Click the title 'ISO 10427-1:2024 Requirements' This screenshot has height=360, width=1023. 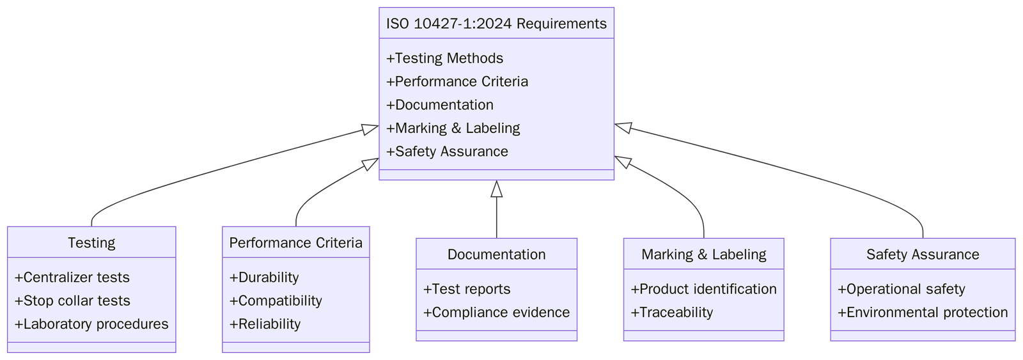point(496,24)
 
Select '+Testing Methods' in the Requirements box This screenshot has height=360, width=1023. point(444,58)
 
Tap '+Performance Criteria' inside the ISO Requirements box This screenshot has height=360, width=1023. point(457,82)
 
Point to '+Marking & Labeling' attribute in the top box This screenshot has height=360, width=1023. point(453,128)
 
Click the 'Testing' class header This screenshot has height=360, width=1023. point(91,243)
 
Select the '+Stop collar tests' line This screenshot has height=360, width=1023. point(72,301)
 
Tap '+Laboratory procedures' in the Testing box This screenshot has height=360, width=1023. point(91,324)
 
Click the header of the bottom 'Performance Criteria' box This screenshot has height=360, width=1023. point(295,243)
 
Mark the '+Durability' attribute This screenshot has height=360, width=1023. point(264,278)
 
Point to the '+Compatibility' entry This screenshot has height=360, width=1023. point(276,301)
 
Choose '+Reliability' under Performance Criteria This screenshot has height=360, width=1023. point(265,324)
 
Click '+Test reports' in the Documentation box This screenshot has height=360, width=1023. point(467,289)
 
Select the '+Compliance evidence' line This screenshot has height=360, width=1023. point(496,313)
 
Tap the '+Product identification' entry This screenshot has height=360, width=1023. point(703,289)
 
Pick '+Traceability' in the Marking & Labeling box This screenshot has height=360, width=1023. point(671,313)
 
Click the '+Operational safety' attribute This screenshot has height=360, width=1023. point(901,289)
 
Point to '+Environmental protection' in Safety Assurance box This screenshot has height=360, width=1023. point(923,313)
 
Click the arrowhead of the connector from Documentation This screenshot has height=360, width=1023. point(496,188)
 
